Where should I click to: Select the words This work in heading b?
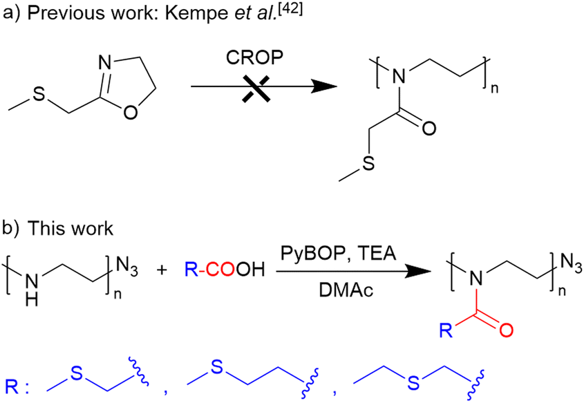tap(56, 228)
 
